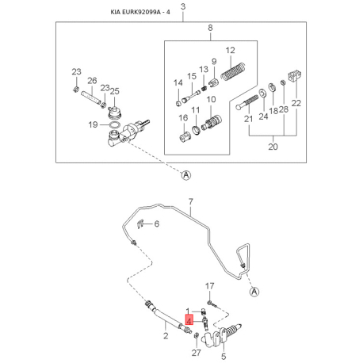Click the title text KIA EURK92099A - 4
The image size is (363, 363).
(x=140, y=12)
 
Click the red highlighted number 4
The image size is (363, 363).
(x=189, y=321)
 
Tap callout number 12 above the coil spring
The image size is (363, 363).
(x=230, y=50)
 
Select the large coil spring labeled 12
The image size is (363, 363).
(x=234, y=71)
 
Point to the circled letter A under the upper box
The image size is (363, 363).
(x=186, y=174)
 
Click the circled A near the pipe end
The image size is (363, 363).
(x=254, y=292)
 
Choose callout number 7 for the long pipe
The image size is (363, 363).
(x=190, y=202)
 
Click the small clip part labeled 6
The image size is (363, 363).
(x=140, y=224)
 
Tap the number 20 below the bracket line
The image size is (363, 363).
(x=273, y=147)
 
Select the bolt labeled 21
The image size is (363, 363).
(x=246, y=102)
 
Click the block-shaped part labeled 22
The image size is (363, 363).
(x=295, y=75)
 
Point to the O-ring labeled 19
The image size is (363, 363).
(x=114, y=124)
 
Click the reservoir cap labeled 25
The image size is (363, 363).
(x=114, y=113)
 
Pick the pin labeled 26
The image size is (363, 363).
(x=91, y=97)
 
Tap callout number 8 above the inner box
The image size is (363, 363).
(x=210, y=28)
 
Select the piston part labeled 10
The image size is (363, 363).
(x=211, y=123)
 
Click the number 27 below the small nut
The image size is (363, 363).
(x=197, y=353)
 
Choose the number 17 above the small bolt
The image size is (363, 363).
(x=209, y=286)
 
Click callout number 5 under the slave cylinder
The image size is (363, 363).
(x=224, y=357)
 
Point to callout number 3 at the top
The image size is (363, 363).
(x=183, y=6)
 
